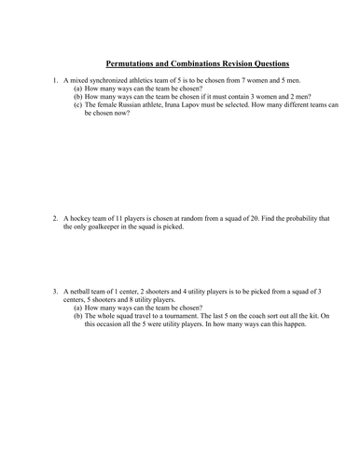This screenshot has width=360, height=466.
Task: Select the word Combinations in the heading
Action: pos(205,63)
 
